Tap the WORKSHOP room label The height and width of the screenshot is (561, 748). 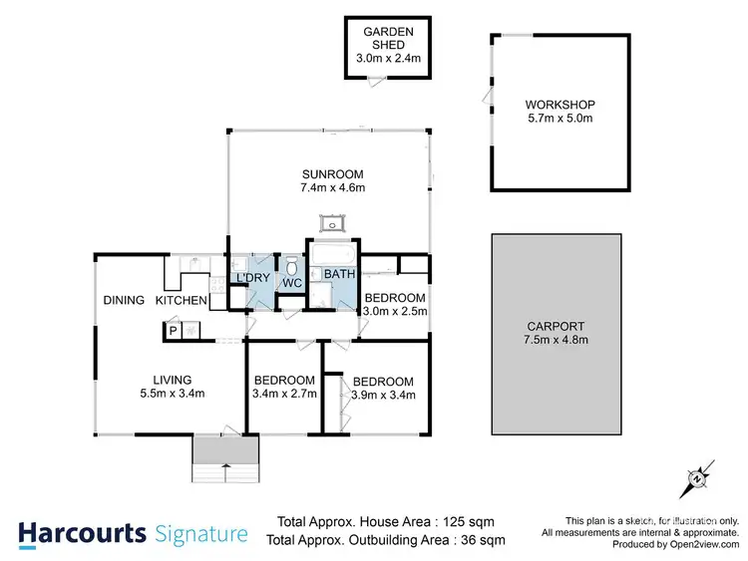click(560, 105)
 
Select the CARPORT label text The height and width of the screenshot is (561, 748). click(560, 326)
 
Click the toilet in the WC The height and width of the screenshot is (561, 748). click(292, 267)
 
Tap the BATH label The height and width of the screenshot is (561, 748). click(339, 274)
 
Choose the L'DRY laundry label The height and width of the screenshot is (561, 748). click(248, 277)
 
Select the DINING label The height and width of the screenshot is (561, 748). click(124, 300)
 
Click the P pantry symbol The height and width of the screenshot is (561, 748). click(173, 331)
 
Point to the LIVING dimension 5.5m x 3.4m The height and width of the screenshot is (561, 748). click(172, 394)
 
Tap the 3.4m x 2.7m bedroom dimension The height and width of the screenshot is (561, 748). click(284, 394)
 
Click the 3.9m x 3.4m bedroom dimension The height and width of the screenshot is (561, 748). click(383, 395)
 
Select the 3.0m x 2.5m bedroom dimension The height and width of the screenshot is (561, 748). click(394, 311)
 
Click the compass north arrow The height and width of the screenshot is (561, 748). click(697, 479)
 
